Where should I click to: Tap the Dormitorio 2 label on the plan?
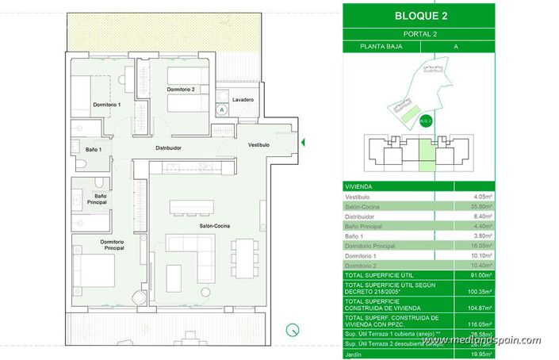point(181,90)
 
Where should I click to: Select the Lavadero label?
point(243,100)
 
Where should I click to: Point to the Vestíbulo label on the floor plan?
point(258,145)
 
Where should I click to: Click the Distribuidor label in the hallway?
point(167,147)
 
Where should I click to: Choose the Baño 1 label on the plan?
point(94,148)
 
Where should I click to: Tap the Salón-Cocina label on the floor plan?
point(214,227)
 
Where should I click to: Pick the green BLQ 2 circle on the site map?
point(425,121)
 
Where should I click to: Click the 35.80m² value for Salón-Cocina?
point(480,205)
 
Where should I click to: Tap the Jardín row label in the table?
point(354,354)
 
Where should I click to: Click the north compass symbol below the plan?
point(293,330)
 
